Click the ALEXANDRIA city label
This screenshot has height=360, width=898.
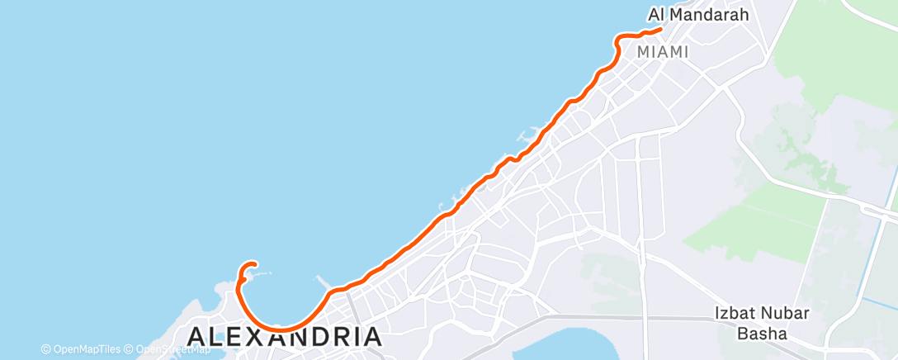click(285, 337)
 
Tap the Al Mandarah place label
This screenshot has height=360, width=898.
click(698, 14)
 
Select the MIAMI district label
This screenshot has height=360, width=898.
click(663, 52)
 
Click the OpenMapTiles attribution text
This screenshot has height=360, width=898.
click(87, 349)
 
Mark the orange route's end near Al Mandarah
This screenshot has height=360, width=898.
click(661, 30)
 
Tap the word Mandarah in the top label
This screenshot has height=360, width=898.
click(711, 14)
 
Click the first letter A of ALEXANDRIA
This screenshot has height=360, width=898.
click(196, 337)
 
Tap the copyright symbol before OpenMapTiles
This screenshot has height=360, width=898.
click(46, 349)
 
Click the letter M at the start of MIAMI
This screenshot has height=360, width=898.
click(644, 52)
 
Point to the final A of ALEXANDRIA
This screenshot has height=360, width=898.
click(372, 337)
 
